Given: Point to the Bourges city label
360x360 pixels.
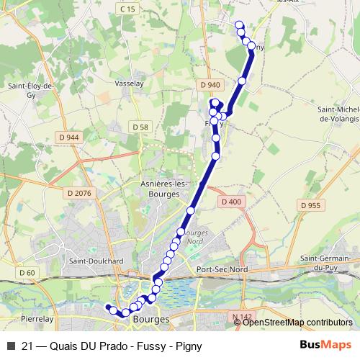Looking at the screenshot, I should pyautogui.click(x=152, y=318).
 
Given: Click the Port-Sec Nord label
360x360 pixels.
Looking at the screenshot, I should pyautogui.click(x=222, y=269).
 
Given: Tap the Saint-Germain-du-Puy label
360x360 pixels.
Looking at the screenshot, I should pyautogui.click(x=325, y=263).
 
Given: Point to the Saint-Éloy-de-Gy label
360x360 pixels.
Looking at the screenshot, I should pyautogui.click(x=31, y=90).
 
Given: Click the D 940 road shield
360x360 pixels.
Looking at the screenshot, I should pyautogui.click(x=210, y=85).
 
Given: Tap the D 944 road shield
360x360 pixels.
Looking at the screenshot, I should pyautogui.click(x=70, y=137).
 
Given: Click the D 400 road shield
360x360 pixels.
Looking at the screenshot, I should pyautogui.click(x=231, y=202).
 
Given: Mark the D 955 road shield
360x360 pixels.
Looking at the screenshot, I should pyautogui.click(x=310, y=205).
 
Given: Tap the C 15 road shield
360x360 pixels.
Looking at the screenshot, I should pyautogui.click(x=128, y=9).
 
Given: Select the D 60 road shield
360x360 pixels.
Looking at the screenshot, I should pyautogui.click(x=27, y=272).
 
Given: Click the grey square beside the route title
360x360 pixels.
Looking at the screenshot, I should pyautogui.click(x=10, y=346).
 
